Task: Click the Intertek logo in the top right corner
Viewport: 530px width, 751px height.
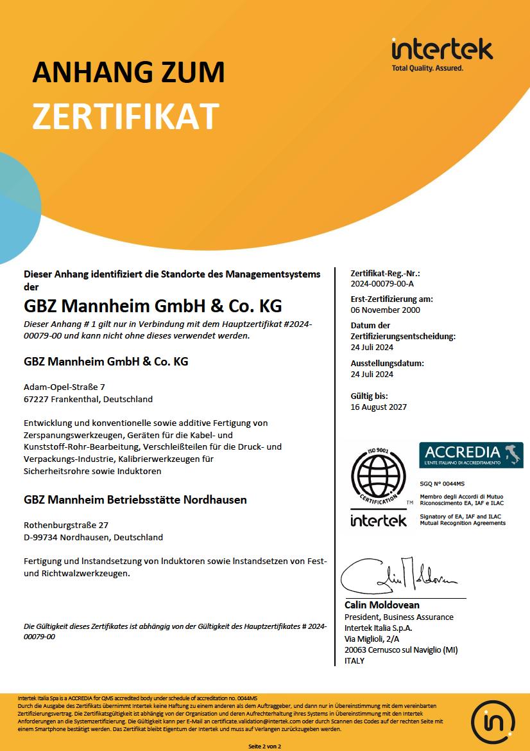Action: point(441,53)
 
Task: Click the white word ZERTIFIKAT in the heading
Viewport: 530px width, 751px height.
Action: point(126,116)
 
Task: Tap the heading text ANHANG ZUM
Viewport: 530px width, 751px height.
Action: point(128,72)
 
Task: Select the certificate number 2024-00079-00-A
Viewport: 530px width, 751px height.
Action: point(382,283)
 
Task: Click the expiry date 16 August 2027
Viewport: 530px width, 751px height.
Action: point(379,407)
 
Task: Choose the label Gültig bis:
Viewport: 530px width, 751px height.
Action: point(370,396)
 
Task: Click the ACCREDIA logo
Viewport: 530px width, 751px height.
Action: point(471,454)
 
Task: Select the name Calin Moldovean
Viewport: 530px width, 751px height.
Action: point(382,605)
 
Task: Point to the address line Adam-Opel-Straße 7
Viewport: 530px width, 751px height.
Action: point(64,387)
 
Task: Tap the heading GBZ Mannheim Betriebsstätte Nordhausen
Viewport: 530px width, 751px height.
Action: point(135,499)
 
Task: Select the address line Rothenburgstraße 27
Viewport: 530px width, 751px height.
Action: point(66,525)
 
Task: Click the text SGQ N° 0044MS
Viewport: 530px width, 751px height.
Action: point(442,482)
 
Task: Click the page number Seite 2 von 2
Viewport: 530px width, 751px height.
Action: point(265,747)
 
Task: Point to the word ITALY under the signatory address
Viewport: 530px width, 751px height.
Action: point(354,660)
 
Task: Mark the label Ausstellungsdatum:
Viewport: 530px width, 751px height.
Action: point(387,363)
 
